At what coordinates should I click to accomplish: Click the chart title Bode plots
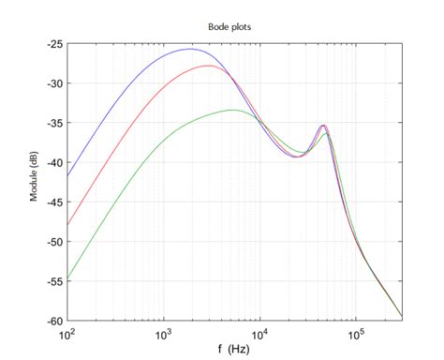coord(234,27)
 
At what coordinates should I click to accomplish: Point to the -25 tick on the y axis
coord(53,44)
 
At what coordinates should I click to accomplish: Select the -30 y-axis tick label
coord(53,83)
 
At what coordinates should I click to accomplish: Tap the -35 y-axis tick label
coord(53,123)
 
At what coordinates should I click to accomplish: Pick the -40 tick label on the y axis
coord(53,162)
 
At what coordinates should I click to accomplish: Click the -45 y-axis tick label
coord(53,202)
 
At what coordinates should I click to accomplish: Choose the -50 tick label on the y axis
coord(53,241)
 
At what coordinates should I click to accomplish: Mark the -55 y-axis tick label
coord(53,280)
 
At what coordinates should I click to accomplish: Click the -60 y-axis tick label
coord(53,320)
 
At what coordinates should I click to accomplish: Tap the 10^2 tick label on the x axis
coord(67,333)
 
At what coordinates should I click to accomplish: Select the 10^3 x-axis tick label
coord(164,333)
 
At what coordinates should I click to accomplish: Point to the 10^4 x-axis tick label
coord(260,333)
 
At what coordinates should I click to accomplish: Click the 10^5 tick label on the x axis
coord(356,333)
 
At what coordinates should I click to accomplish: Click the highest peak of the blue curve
coord(191,49)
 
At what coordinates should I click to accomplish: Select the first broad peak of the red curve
coord(208,67)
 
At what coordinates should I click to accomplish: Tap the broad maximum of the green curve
coord(232,110)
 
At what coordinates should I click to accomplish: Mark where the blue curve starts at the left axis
coord(67,175)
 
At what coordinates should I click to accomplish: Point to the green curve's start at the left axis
coord(67,278)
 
